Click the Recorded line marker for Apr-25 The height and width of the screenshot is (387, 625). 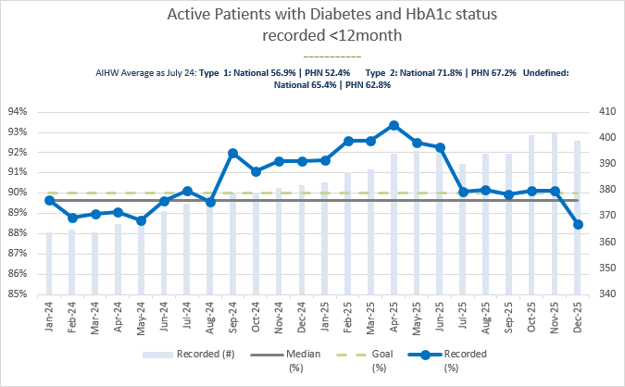tap(394, 126)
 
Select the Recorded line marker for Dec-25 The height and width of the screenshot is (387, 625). tap(578, 224)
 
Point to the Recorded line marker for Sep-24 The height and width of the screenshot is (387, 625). tap(233, 153)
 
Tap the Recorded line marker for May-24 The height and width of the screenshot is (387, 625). tap(142, 220)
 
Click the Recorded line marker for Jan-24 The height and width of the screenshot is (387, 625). tap(49, 200)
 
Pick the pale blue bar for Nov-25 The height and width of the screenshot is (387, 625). tap(555, 213)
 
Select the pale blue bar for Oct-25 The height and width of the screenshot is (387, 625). tap(531, 215)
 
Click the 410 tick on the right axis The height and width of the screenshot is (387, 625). tap(606, 111)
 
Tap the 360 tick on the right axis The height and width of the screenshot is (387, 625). tap(606, 242)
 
